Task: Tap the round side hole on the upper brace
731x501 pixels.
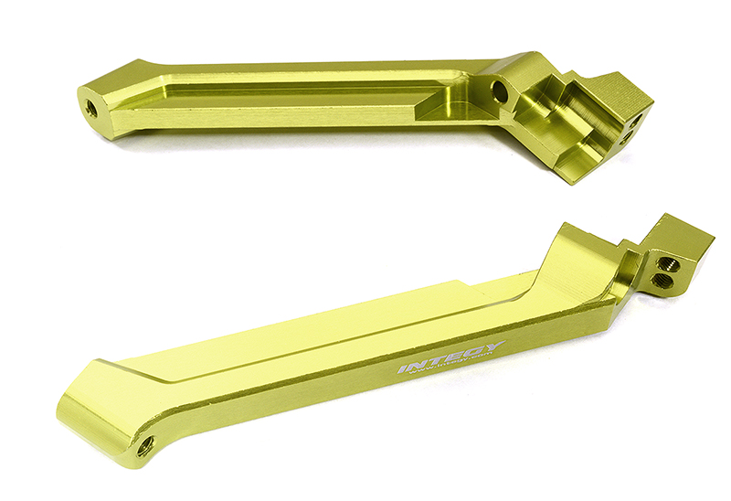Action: pyautogui.click(x=498, y=91)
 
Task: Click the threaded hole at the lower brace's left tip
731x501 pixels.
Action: pyautogui.click(x=145, y=447)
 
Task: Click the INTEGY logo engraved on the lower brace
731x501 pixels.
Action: pyautogui.click(x=450, y=358)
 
